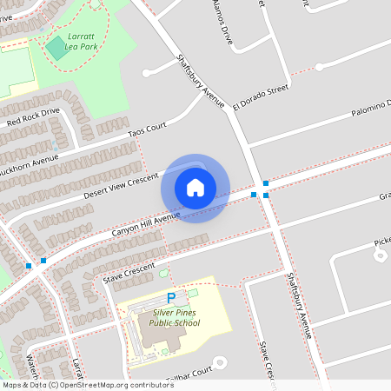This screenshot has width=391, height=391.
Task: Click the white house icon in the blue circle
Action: coord(195,188)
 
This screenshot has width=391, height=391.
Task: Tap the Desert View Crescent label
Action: coord(122,184)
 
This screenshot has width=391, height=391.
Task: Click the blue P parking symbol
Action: coord(171,298)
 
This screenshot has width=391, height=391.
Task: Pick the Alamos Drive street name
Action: coord(222,23)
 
